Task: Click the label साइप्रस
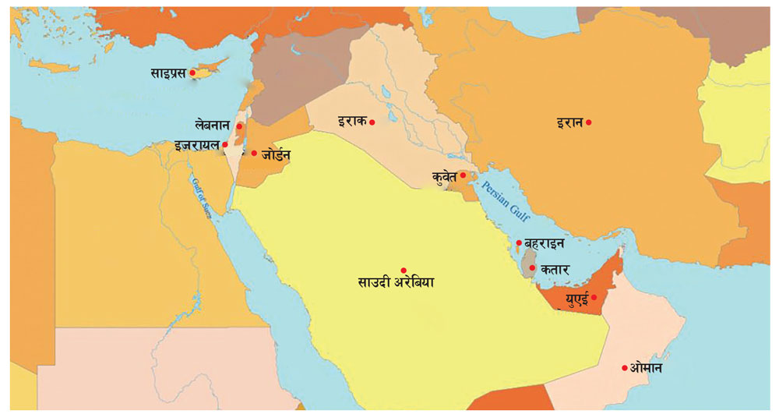point(167,73)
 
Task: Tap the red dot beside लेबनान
point(239,126)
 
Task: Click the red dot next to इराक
point(372,122)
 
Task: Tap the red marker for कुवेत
point(463,176)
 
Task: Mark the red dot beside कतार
point(531,268)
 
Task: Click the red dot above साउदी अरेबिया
point(404,270)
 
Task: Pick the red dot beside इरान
point(589,122)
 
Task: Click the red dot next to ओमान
point(625,368)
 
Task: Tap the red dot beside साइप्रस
point(192,73)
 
